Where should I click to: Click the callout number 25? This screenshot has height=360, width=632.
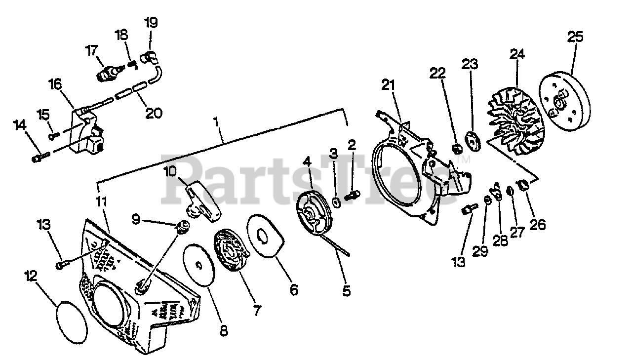(575, 37)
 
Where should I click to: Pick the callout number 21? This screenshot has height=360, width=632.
(388, 85)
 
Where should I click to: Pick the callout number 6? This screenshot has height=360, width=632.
(294, 290)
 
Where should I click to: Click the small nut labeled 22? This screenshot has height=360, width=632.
(457, 148)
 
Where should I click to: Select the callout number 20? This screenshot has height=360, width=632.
(154, 113)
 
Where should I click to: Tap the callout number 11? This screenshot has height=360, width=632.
(101, 202)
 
